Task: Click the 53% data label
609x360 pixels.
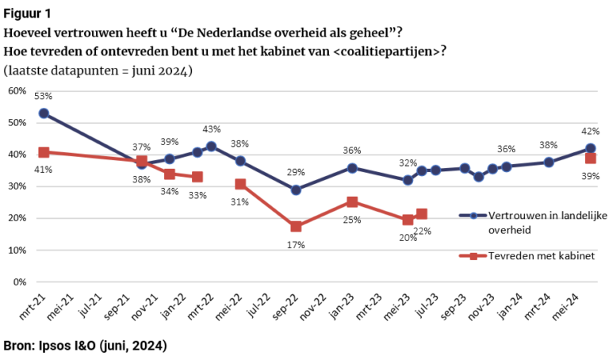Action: coord(44,97)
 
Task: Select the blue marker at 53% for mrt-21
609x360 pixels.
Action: coord(44,113)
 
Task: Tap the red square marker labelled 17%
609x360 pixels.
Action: coord(296,227)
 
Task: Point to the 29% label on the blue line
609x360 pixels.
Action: coord(296,173)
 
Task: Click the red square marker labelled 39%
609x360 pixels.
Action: coord(591,159)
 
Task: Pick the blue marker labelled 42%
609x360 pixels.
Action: coord(591,148)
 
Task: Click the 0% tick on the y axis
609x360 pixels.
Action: coord(20,281)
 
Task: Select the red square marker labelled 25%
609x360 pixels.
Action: coord(352,202)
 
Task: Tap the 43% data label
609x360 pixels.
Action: coord(212,129)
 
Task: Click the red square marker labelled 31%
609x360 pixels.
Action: coord(240,184)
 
